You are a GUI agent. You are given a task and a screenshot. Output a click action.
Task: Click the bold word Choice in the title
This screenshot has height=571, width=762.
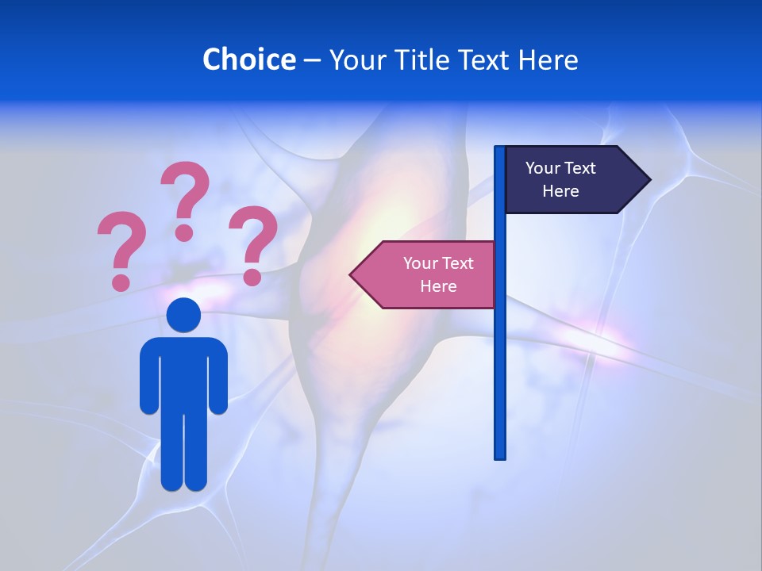pos(248,59)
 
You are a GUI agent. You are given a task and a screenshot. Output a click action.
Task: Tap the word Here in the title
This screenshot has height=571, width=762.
pos(548,59)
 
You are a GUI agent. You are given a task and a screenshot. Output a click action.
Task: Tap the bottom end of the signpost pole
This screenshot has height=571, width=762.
pos(500,456)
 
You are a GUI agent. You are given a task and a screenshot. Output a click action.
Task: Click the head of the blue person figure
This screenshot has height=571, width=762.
pos(183,315)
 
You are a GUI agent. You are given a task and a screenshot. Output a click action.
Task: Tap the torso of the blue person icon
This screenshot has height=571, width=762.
pos(183,373)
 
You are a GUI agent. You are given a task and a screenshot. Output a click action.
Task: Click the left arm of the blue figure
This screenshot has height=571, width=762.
pos(148,381)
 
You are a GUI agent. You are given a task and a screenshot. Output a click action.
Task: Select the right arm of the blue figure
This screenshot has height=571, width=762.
pos(218,381)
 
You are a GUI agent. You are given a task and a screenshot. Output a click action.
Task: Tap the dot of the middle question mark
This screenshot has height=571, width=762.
pos(184,232)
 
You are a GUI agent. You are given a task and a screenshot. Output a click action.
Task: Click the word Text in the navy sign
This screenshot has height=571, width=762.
pos(581,168)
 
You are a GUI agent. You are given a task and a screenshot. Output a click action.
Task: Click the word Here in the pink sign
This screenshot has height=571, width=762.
pos(438,286)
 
